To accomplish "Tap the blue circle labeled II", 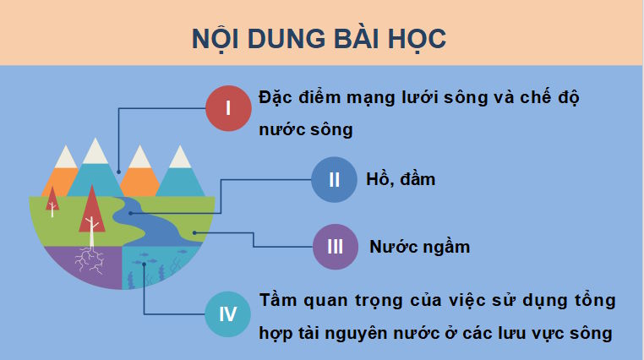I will pos(334,179).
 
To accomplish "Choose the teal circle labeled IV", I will pos(228,314).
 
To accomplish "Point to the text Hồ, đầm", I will pos(401,179).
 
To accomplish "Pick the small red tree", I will pos(52,200).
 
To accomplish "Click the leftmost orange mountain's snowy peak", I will pos(64,155).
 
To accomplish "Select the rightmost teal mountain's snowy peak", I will pos(179,155).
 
